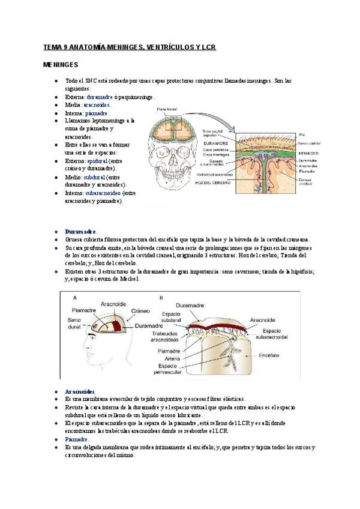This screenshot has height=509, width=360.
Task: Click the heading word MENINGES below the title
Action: click(x=61, y=64)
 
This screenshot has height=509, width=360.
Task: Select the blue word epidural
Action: click(x=97, y=161)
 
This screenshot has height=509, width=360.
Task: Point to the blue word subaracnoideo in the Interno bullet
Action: click(x=103, y=193)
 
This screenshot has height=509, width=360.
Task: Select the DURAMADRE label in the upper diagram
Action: click(x=215, y=144)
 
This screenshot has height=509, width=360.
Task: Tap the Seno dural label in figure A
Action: click(x=75, y=323)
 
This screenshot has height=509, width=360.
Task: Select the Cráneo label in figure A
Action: click(x=140, y=311)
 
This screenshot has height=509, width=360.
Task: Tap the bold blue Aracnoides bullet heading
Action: click(x=80, y=391)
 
